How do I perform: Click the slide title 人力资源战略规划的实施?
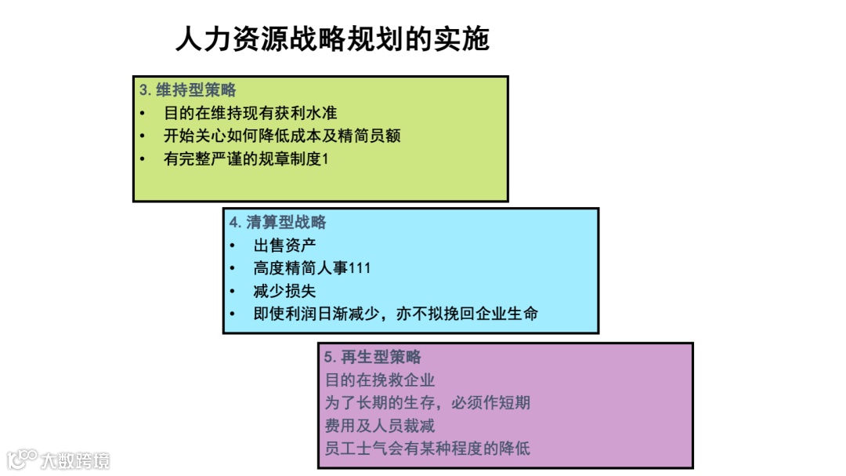click(332, 38)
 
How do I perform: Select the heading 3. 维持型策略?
click(188, 89)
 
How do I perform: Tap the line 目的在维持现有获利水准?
click(250, 113)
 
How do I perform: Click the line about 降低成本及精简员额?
click(282, 136)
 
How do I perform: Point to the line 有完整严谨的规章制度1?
click(247, 158)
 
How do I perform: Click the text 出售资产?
click(285, 245)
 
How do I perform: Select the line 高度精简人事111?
click(312, 267)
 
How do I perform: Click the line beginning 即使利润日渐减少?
click(396, 314)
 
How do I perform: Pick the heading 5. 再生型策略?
click(373, 357)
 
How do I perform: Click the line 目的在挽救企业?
click(380, 380)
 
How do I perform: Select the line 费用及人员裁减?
click(380, 426)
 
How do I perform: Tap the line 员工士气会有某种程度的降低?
click(428, 449)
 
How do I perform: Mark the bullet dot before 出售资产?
click(233, 245)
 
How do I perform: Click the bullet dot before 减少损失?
click(233, 291)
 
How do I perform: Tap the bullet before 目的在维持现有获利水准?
click(143, 113)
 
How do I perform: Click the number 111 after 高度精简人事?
click(360, 268)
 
